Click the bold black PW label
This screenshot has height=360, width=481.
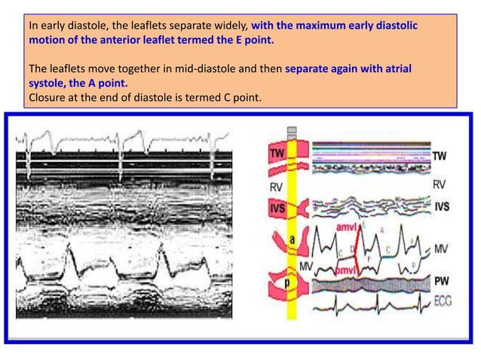442,281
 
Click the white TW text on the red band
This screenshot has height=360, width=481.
277,154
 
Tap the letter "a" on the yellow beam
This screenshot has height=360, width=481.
291,239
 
